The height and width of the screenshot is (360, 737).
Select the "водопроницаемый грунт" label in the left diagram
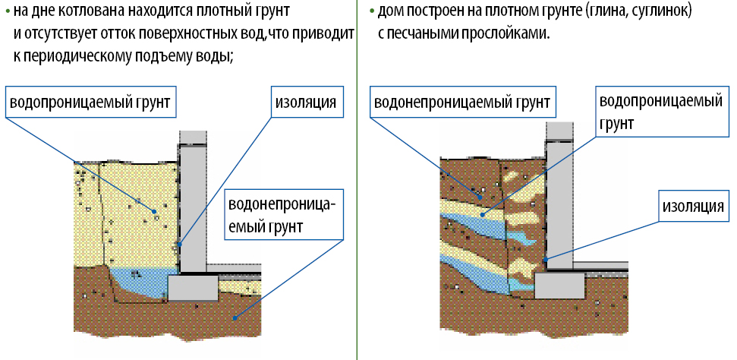click(x=90, y=102)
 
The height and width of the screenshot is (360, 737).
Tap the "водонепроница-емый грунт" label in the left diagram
click(x=284, y=215)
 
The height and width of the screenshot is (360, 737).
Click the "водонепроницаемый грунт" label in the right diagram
click(x=462, y=102)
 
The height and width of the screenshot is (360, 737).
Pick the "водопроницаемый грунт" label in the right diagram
click(x=661, y=111)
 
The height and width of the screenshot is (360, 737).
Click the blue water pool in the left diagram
click(x=141, y=282)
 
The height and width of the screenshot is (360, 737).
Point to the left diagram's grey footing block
click(x=194, y=288)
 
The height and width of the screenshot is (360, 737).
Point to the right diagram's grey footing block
click(x=560, y=286)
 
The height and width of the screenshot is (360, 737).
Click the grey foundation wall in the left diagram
click(x=193, y=207)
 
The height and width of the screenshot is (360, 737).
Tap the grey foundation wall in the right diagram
click(x=559, y=205)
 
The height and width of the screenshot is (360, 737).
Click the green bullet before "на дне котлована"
click(x=8, y=11)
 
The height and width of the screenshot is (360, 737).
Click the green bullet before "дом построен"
click(x=373, y=11)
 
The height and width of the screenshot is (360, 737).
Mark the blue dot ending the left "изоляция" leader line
click(x=180, y=245)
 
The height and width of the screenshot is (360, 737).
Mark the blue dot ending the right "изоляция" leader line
click(x=546, y=259)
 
